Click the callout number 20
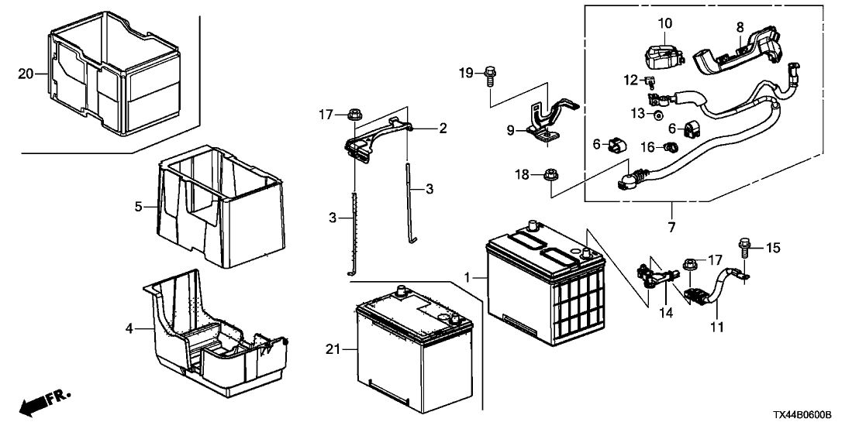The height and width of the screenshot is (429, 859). coord(25,74)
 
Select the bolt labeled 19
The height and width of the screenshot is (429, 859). coord(490,76)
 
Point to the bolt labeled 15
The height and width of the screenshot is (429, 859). coord(746,247)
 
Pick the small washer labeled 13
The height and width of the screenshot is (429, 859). coord(657,115)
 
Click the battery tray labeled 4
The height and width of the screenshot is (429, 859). coord(209,333)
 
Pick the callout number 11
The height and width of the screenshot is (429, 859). coord(718,328)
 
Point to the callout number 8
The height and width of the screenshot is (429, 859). coord(740,26)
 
